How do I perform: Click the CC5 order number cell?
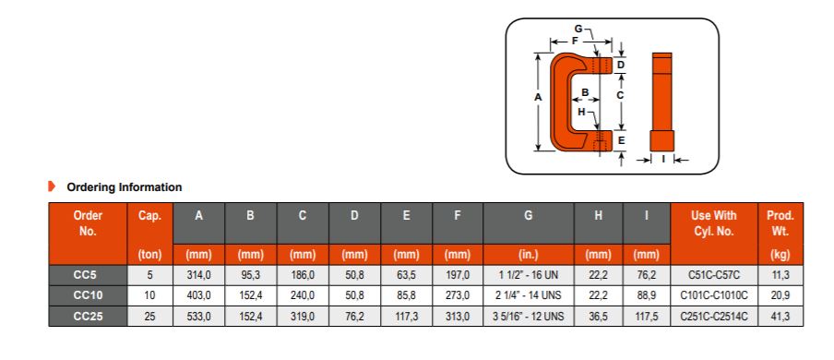88,275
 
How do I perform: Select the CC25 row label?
88,317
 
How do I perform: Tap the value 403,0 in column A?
199,295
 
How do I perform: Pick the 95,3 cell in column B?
251,275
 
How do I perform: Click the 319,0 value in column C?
302,317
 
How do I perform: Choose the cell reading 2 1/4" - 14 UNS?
528,295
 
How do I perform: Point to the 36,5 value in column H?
599,317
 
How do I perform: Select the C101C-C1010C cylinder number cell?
714,295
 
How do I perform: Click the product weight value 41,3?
780,317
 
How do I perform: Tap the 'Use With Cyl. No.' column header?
714,223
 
